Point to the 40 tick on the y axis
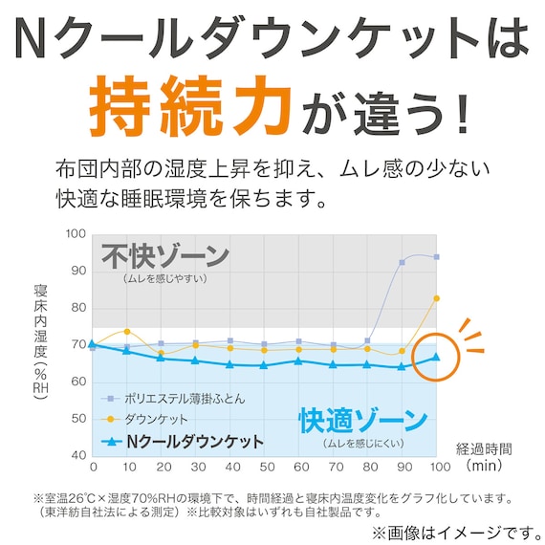(76, 454)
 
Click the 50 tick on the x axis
(265, 469)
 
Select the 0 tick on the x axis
(93, 469)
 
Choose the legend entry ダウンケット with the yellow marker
(156, 419)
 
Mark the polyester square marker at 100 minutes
(436, 257)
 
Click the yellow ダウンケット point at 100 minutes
(436, 299)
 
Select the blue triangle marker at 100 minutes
(436, 357)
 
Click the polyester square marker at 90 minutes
(403, 262)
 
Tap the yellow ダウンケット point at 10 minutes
(127, 332)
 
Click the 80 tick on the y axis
(76, 308)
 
